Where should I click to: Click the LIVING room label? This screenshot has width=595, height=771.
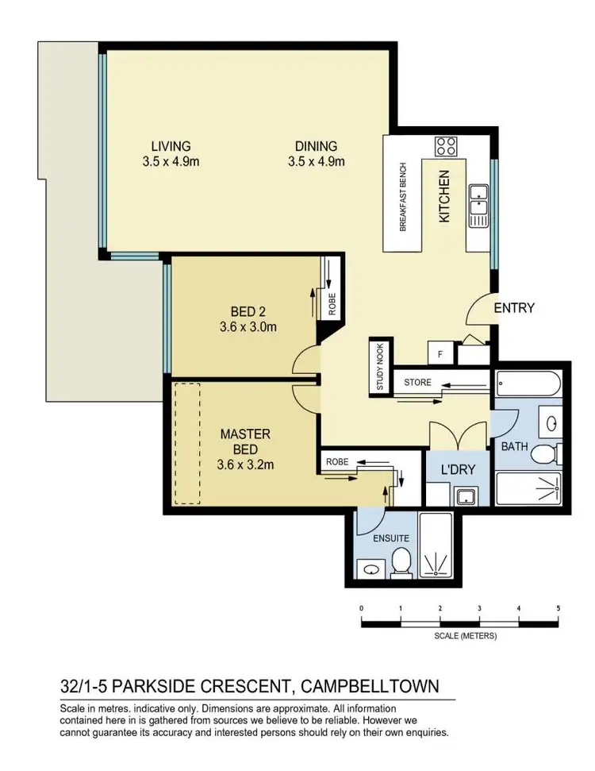[x=171, y=146]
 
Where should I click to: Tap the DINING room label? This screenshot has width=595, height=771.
[x=316, y=146]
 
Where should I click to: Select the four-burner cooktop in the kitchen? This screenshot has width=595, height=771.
[x=446, y=146]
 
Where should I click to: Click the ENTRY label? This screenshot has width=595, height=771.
[x=514, y=308]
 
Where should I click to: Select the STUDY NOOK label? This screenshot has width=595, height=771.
[x=379, y=367]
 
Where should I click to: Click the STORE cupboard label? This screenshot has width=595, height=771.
[x=417, y=383]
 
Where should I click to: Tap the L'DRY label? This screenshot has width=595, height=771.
[x=458, y=469]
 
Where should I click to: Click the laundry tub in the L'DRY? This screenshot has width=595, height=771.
[x=463, y=497]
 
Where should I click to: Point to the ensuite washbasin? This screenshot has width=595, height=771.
[x=368, y=568]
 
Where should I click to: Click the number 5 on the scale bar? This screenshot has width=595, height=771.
[x=558, y=608]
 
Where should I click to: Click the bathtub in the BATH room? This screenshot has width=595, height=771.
[x=528, y=386]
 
